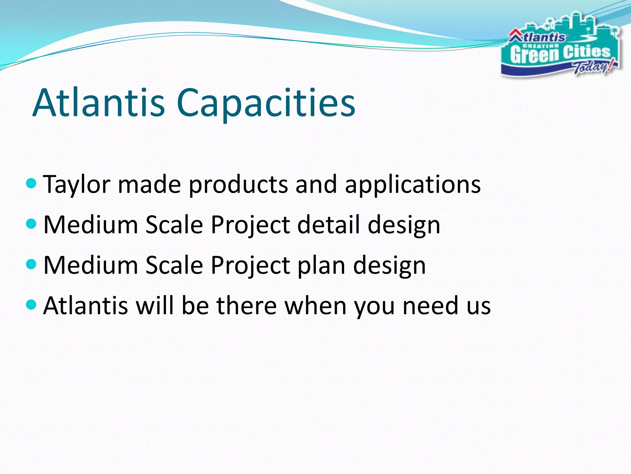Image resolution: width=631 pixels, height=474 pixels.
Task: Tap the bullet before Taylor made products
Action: coord(31,184)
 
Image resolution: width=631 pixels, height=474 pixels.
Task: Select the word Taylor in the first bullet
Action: coord(77,185)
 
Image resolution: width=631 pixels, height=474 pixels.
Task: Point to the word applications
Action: coord(413,185)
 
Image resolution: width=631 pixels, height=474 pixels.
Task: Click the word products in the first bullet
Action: coord(238,185)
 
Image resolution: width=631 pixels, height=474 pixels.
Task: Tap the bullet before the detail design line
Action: coord(31,223)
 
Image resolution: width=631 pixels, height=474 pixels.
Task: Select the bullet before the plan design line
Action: coord(31,264)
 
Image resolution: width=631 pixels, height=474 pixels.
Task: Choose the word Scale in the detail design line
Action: coord(174,225)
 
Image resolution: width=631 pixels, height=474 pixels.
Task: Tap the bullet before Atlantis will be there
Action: coord(31,305)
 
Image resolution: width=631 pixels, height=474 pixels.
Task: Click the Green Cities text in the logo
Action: coord(560,54)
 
